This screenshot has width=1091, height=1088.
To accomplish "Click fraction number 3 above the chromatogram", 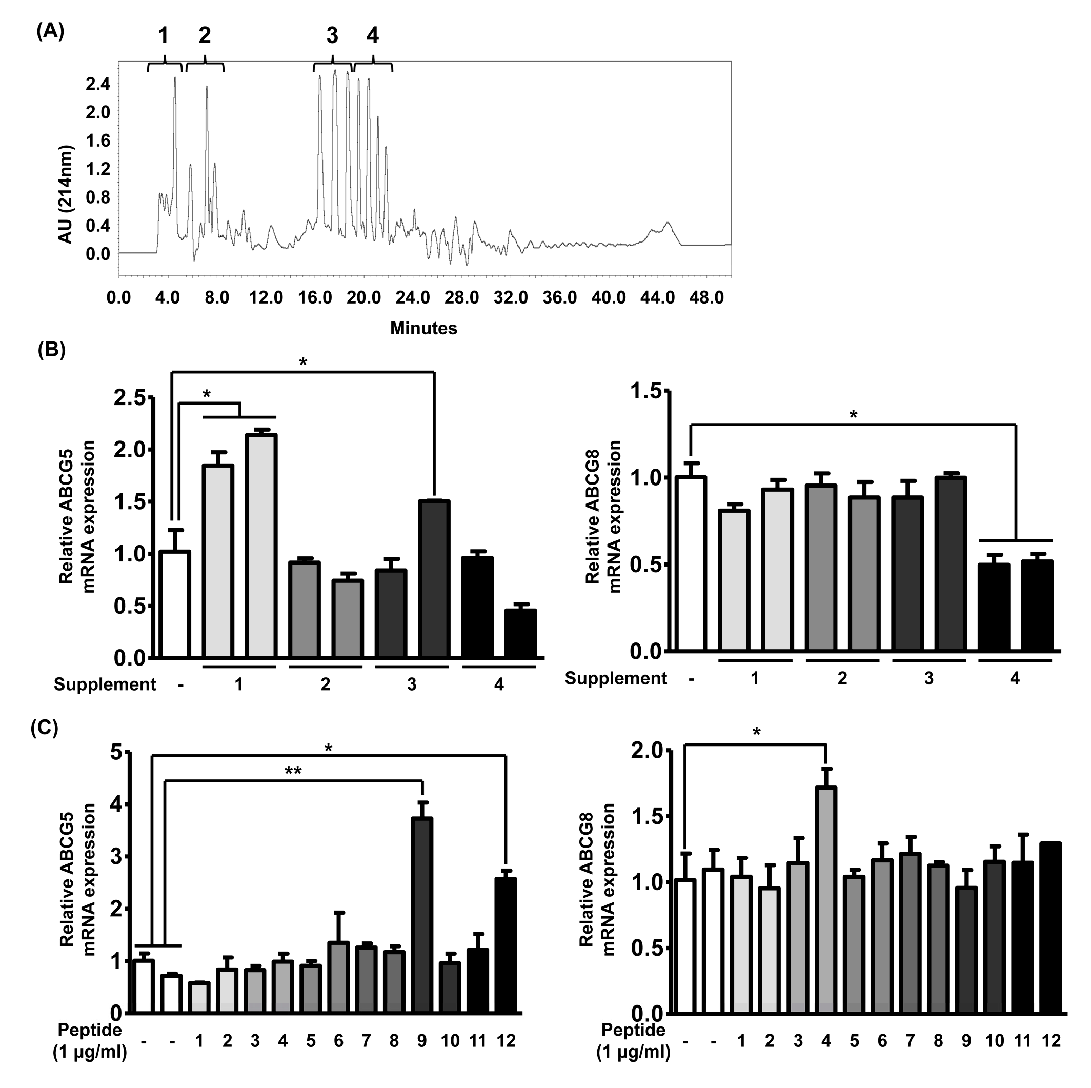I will click(332, 35).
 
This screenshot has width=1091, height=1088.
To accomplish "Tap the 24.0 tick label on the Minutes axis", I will click(412, 297).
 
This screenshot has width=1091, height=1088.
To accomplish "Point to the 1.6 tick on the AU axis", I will click(98, 140).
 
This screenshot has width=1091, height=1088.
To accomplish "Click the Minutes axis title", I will click(423, 328).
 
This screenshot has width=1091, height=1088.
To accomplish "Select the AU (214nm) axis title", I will click(67, 195).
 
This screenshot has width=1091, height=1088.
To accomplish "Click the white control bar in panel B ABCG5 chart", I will click(174, 604).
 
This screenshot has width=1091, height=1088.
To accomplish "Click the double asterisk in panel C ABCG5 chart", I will click(293, 771).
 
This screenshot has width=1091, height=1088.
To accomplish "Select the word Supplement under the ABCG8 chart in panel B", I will click(616, 678).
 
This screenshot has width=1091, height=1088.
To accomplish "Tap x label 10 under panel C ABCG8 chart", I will click(995, 1040).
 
